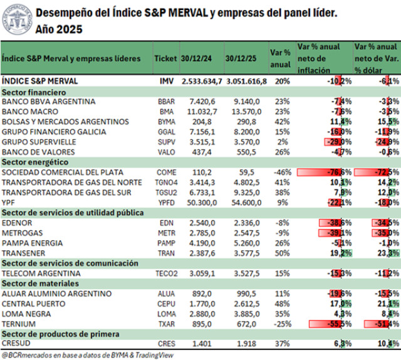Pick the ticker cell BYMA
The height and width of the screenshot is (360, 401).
pyautogui.click(x=167, y=122)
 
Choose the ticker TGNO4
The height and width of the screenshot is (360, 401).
pyautogui.click(x=167, y=183)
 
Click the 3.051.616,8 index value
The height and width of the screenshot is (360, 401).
pyautogui.click(x=246, y=81)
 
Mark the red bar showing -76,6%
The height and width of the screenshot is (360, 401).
pyautogui.click(x=325, y=172)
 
